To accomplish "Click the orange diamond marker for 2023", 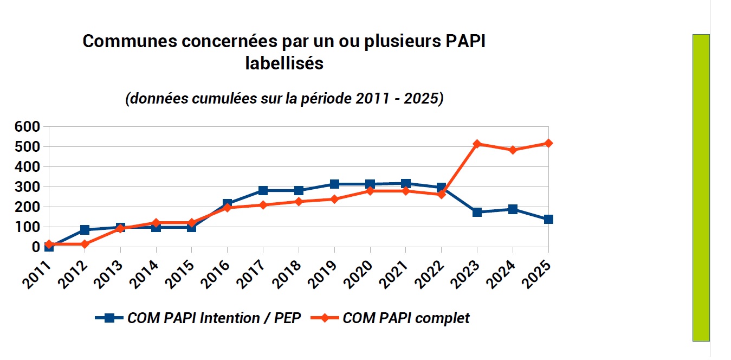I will click(x=477, y=144).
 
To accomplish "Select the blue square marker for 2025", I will click(x=548, y=220).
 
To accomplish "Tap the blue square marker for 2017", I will click(x=263, y=190).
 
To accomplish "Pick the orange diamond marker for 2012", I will click(x=85, y=244).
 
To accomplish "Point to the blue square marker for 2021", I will click(x=406, y=184).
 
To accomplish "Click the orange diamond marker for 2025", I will click(x=548, y=143).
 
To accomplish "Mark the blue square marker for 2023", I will click(x=477, y=212).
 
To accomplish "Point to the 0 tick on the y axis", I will click(x=36, y=247).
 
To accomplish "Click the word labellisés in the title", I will click(x=284, y=63).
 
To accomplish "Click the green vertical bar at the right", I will click(x=701, y=188).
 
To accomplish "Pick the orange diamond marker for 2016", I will click(x=227, y=208).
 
